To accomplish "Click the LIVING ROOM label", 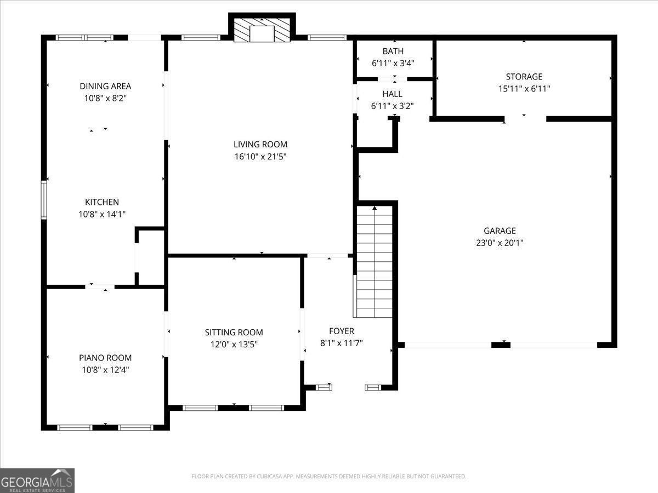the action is pyautogui.click(x=260, y=144).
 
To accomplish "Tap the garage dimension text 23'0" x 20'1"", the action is pyautogui.click(x=500, y=243).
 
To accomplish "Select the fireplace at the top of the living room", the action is pyautogui.click(x=262, y=30).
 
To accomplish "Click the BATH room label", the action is pyautogui.click(x=393, y=51).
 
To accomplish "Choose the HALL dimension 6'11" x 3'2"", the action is pyautogui.click(x=393, y=106).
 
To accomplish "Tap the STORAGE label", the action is pyautogui.click(x=524, y=77).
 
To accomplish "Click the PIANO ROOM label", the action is pyautogui.click(x=105, y=358).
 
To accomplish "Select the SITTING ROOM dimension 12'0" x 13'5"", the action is pyautogui.click(x=234, y=345).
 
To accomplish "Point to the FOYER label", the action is pyautogui.click(x=342, y=331).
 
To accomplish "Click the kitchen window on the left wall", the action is pyautogui.click(x=44, y=200).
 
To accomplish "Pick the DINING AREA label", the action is pyautogui.click(x=105, y=86).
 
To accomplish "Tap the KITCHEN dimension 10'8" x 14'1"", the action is pyautogui.click(x=102, y=214).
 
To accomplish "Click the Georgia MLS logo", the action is pyautogui.click(x=37, y=480).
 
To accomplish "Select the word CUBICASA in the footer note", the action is pyautogui.click(x=269, y=476).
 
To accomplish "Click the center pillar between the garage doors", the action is pyautogui.click(x=501, y=345).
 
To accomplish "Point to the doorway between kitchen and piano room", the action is pyautogui.click(x=100, y=286).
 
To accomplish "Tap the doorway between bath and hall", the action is pyautogui.click(x=392, y=79).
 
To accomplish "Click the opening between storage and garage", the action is pyautogui.click(x=525, y=119).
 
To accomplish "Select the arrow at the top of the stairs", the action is pyautogui.click(x=375, y=208).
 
